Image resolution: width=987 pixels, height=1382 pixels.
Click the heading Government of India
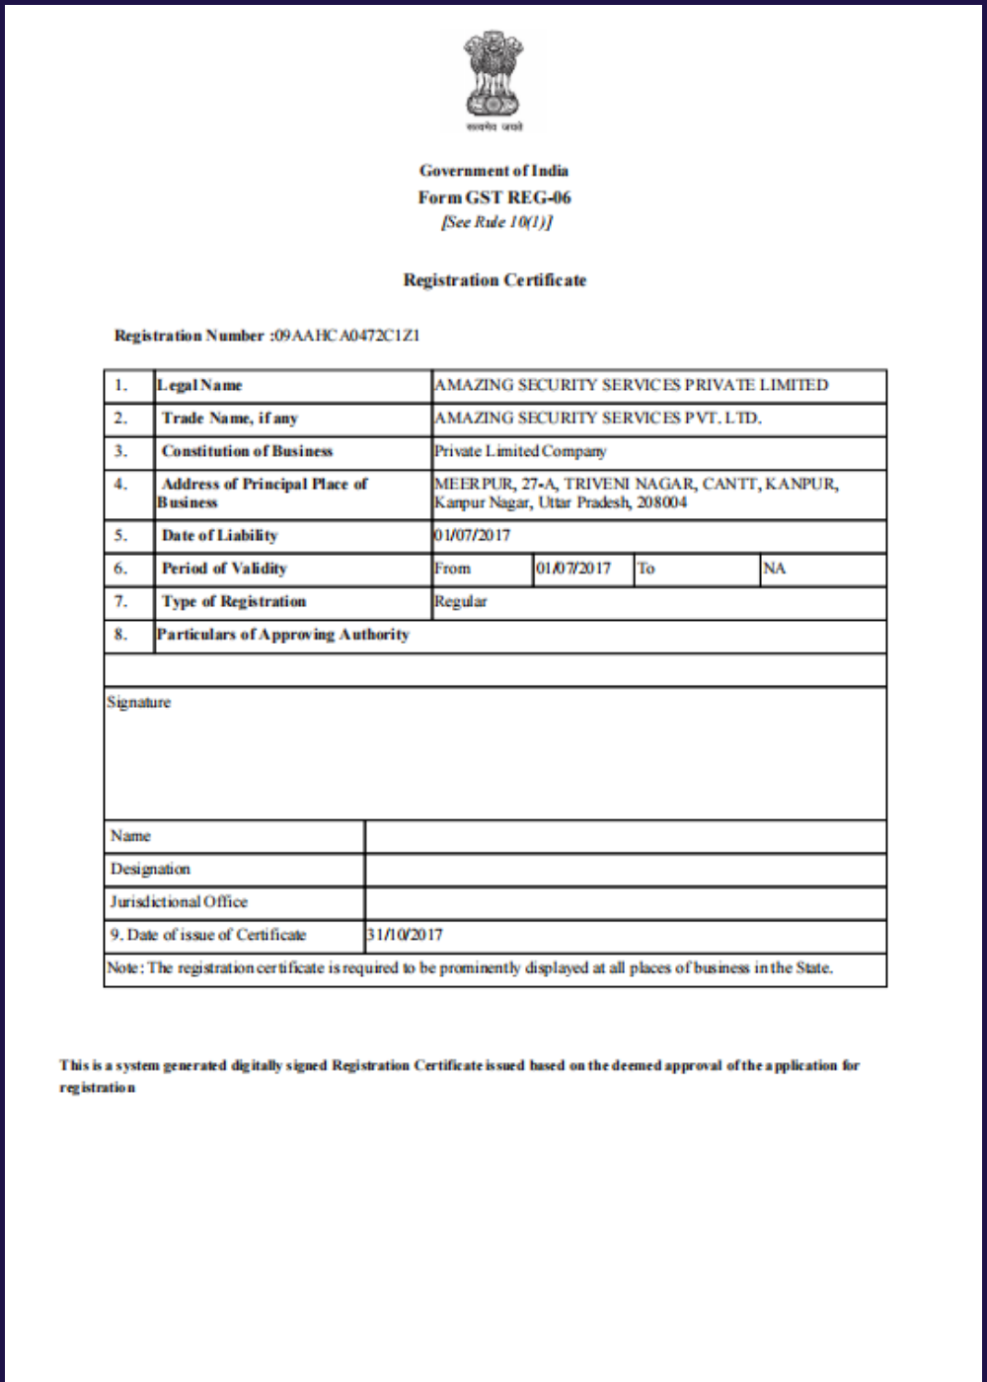493,171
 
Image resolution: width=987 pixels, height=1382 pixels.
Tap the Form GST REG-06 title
493,197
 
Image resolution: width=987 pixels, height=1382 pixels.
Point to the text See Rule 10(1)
496,221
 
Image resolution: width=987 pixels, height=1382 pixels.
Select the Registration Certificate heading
494,280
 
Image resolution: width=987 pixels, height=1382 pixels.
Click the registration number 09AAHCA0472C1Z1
346,336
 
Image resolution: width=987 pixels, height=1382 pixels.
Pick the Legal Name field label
199,385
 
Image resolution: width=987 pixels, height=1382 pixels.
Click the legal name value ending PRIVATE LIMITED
632,385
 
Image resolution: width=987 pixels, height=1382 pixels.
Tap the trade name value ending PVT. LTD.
598,419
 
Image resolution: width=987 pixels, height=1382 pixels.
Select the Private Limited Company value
520,451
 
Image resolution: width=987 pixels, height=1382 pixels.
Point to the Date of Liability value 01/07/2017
472,536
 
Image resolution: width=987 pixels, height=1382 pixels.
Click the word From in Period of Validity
452,569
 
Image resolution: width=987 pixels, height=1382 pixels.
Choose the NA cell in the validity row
775,569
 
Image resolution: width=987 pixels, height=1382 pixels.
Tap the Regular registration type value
460,601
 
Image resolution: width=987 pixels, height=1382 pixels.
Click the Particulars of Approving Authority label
283,635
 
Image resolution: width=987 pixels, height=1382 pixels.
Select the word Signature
139,703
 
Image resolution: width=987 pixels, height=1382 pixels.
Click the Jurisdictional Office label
179,902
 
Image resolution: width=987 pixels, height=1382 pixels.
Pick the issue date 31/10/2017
405,935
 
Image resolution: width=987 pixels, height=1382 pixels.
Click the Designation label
150,869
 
